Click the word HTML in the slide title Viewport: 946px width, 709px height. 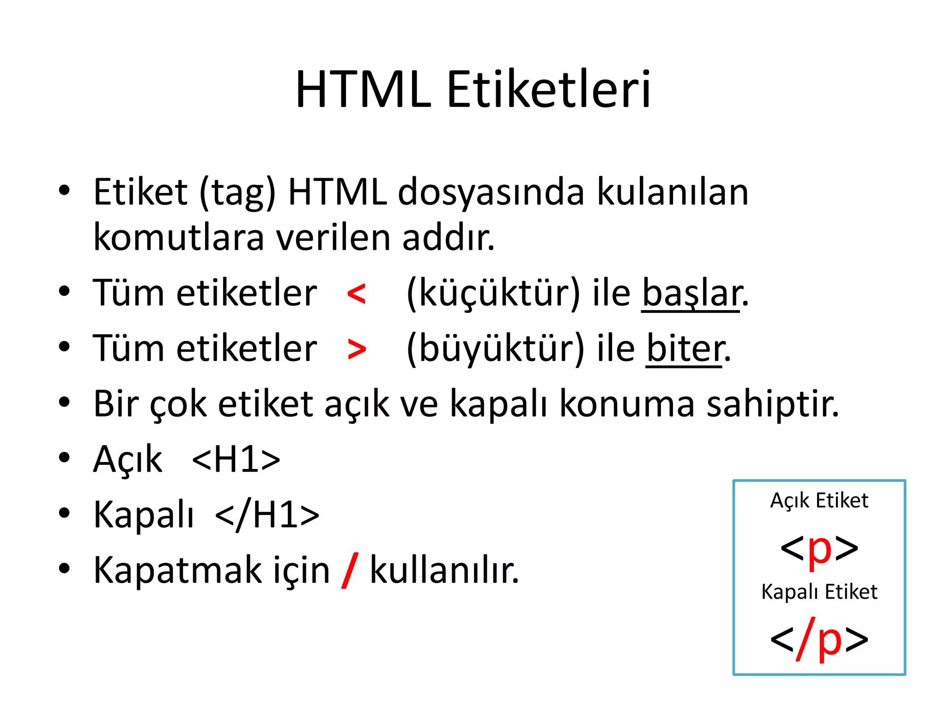tap(363, 90)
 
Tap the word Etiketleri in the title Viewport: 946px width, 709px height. tap(549, 90)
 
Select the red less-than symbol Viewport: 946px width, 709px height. tap(356, 294)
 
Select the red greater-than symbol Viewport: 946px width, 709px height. tap(357, 349)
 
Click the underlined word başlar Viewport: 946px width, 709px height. tap(691, 294)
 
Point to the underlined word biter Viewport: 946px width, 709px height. tap(685, 349)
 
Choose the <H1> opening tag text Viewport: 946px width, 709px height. tap(236, 460)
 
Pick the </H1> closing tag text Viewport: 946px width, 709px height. tap(267, 515)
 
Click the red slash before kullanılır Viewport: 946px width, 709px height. tap(350, 571)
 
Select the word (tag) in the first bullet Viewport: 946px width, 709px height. tap(237, 193)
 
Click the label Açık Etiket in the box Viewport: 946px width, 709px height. tap(819, 501)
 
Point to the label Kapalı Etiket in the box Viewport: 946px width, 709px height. tap(819, 592)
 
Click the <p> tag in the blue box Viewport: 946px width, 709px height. tap(819, 548)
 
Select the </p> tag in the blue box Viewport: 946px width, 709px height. tap(819, 640)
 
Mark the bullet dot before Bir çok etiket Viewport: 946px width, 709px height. tap(64, 403)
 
